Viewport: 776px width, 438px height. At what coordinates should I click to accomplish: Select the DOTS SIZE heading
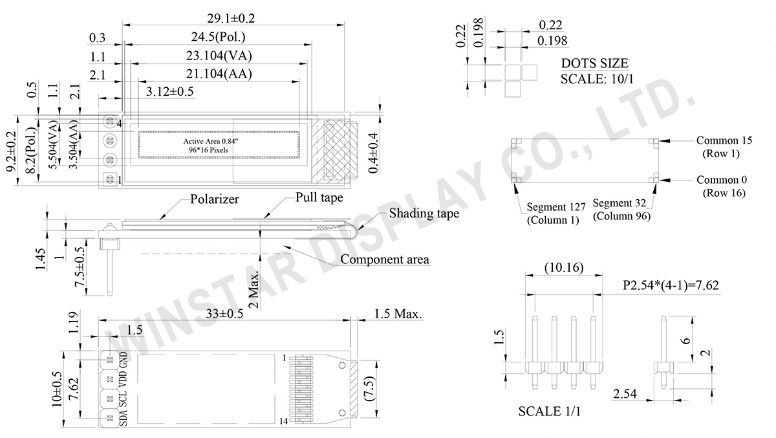coord(594,63)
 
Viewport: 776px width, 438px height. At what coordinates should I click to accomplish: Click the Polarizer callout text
coord(215,199)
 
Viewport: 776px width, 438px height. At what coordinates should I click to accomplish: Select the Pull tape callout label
coord(319,197)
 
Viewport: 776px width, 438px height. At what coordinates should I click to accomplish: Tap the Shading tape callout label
coord(424,213)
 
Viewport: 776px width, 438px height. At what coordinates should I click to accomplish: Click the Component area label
coord(384,259)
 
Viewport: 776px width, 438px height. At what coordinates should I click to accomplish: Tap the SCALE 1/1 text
coord(550,411)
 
